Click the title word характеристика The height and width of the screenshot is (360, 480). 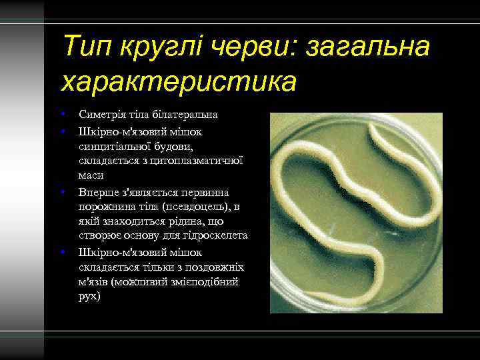(x=179, y=82)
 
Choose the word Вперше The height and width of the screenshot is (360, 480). (x=97, y=192)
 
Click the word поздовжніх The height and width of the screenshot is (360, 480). (x=215, y=268)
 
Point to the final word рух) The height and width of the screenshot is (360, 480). (x=89, y=296)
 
